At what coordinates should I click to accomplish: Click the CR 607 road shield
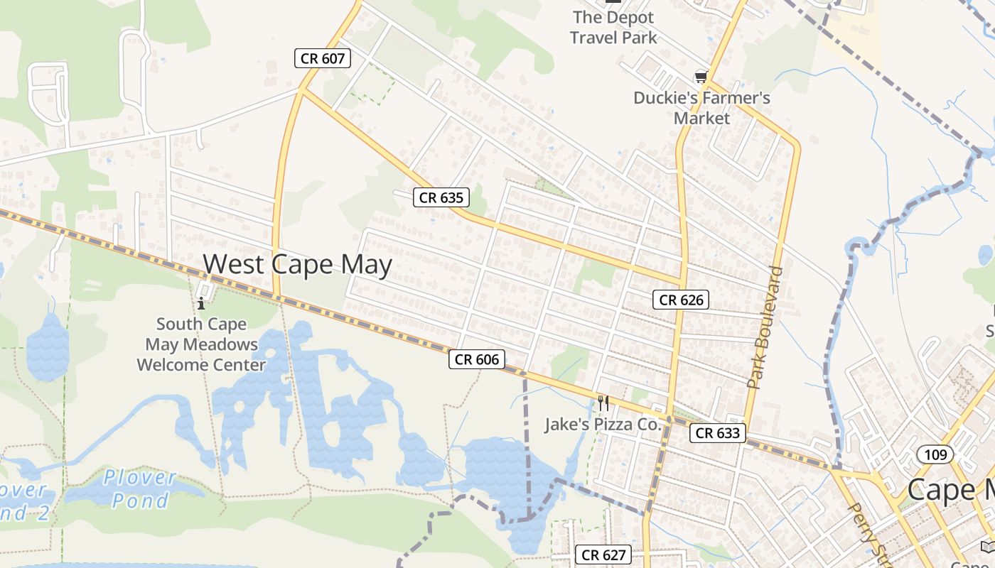coord(323,58)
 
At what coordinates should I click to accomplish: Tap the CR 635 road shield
coord(441,197)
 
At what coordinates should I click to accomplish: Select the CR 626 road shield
coord(681,300)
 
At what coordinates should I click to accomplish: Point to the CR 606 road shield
coord(476,359)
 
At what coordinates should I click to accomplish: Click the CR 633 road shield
coord(717,432)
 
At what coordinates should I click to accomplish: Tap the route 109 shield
coord(935,454)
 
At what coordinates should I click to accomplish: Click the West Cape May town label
coord(297,264)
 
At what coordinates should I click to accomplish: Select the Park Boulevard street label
coord(765,327)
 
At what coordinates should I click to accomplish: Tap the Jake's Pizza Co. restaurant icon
coord(603,403)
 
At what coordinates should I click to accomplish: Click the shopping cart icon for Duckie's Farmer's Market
coord(701,77)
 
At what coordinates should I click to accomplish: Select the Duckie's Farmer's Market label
coord(701,107)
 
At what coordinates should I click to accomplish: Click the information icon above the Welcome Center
coord(201,303)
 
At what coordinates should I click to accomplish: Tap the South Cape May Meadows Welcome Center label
coord(201,344)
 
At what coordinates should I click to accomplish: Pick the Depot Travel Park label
coord(613,27)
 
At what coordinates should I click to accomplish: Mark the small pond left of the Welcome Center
coord(48,346)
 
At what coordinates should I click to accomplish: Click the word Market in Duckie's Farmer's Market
coord(701,118)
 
